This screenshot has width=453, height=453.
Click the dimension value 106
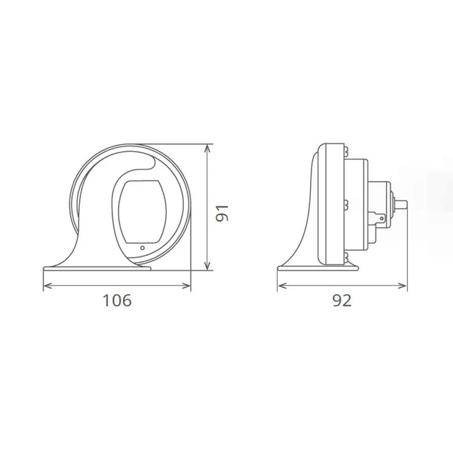117,300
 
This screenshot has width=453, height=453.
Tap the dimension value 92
342,300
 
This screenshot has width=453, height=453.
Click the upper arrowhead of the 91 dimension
207,148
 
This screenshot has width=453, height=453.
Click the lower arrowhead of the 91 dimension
207,267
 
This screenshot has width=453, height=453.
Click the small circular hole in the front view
143,248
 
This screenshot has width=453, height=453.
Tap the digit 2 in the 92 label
347,300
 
